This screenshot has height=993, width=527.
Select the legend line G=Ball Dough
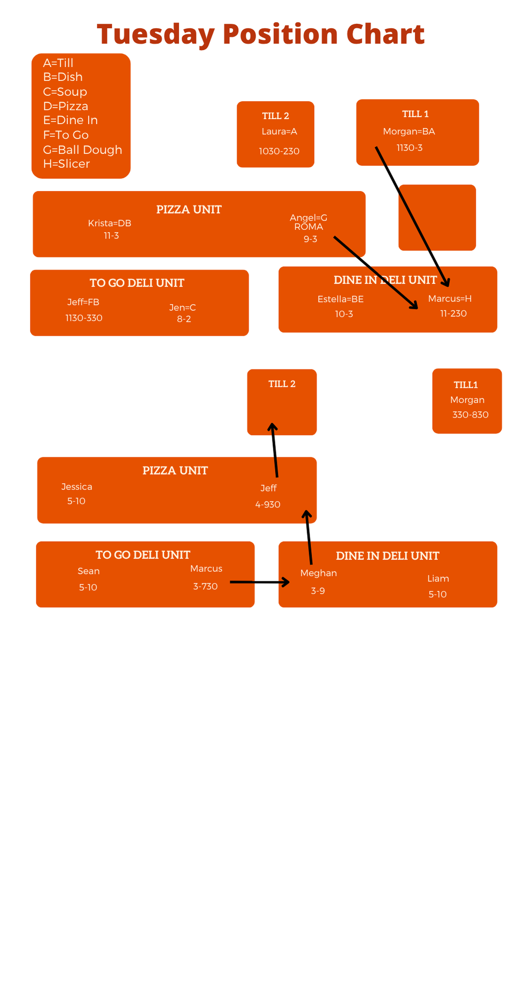pos(82,149)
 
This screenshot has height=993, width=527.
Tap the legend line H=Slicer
pos(66,164)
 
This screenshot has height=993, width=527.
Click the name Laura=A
pos(279,131)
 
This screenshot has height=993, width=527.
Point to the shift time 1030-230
pos(279,151)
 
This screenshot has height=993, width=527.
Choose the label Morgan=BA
pos(409,131)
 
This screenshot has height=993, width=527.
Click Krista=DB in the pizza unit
pos(110,223)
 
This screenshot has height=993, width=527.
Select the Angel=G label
pos(309,217)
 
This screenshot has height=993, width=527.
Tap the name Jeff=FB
pos(83,302)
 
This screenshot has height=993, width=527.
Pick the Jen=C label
pos(183,307)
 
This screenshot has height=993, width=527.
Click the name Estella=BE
pos(340,299)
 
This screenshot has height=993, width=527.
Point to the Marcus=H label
pos(450,298)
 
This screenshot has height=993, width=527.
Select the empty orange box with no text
pos(437,217)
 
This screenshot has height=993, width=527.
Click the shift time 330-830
pos(470,415)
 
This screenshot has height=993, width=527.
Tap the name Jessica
pos(77,487)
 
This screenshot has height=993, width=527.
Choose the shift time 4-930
pos(268,504)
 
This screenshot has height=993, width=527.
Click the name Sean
pos(89,571)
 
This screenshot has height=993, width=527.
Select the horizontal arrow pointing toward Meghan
pos(260,582)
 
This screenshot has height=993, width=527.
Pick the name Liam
pos(438,578)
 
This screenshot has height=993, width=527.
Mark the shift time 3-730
pos(205,586)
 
